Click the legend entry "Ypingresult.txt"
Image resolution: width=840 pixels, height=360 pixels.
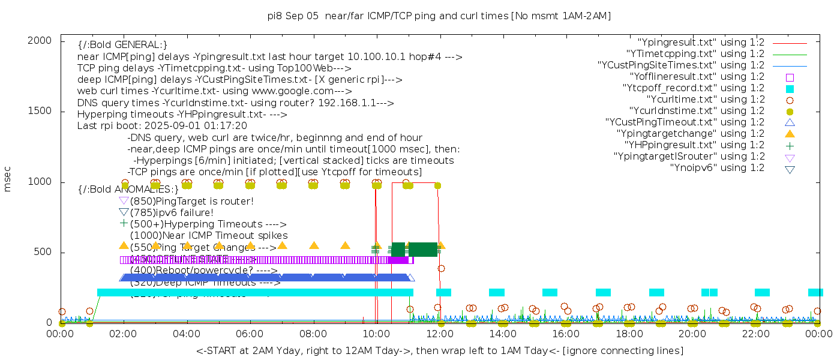[x=701, y=43]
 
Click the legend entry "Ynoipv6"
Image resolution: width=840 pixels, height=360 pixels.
[x=717, y=168]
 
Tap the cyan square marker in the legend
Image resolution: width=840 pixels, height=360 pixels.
[x=790, y=89]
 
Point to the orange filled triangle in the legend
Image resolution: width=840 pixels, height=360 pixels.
[x=790, y=134]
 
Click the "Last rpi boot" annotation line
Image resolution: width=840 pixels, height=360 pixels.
[x=162, y=126]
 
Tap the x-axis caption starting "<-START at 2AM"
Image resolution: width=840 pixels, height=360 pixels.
[x=439, y=350]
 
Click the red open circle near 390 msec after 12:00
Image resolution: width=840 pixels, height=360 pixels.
[x=441, y=268]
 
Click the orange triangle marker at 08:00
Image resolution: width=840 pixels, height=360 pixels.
[x=313, y=245]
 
